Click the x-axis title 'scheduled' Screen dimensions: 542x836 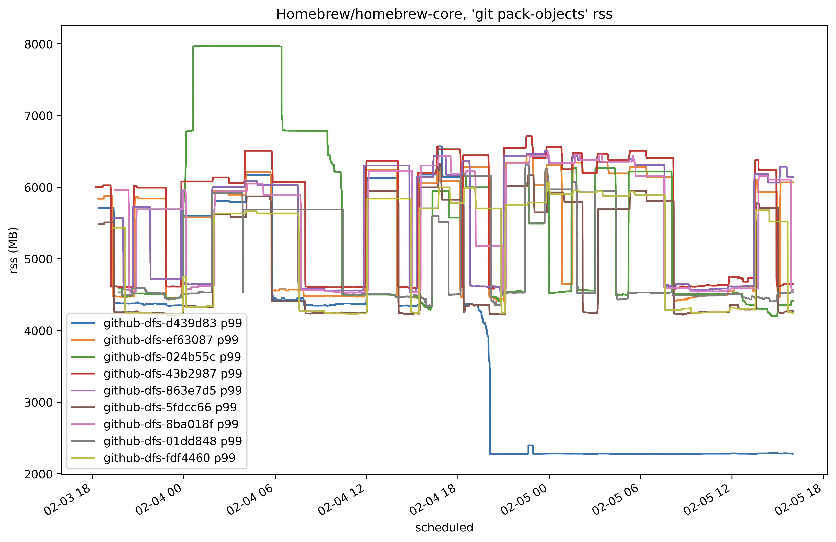444,527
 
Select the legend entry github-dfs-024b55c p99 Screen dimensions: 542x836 172,357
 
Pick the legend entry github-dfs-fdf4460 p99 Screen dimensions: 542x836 169,458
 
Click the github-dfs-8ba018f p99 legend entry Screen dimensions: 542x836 171,424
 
